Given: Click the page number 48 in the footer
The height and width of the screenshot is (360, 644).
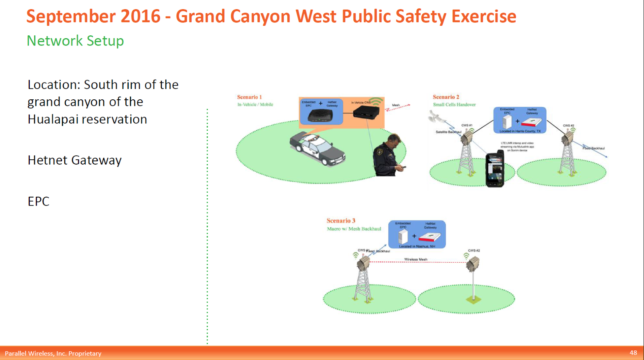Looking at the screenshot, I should point(633,352).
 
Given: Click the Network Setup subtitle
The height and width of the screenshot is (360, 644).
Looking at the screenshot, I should point(75,41).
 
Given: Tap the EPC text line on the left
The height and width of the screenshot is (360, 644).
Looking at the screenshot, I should point(38,201).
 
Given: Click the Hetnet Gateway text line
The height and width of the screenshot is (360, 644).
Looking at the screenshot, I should point(74,160).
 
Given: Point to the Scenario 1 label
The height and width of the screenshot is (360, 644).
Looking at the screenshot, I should point(249,97).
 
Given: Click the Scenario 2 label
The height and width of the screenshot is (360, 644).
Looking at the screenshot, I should point(446,97).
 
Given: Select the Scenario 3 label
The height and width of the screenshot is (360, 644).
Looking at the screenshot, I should point(341,220).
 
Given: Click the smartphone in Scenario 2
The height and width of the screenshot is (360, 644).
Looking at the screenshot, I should point(495,170).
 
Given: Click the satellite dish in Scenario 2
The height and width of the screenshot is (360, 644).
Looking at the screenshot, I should point(435,117).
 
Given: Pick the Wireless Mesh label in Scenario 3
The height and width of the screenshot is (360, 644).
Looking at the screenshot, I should point(415,259).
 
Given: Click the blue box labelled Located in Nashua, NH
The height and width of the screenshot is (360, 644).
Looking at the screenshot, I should point(417,234).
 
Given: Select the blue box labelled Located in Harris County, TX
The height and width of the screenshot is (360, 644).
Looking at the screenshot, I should point(520,120).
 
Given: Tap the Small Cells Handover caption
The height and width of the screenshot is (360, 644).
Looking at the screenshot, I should point(454,105).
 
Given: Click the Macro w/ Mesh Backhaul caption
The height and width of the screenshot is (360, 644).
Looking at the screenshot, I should point(354,229).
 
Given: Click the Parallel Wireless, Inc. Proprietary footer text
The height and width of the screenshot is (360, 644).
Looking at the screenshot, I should point(53,353).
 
